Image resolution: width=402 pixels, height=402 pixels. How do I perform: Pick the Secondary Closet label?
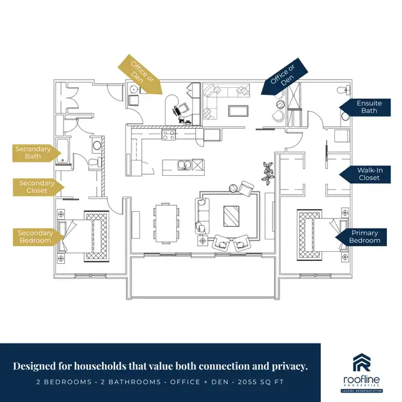tap(33, 187)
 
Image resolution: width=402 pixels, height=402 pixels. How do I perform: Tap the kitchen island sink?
tap(184, 166)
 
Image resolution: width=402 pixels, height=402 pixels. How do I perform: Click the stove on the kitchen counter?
tap(170, 133)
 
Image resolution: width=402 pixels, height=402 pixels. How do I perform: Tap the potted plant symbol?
tap(268, 171)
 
